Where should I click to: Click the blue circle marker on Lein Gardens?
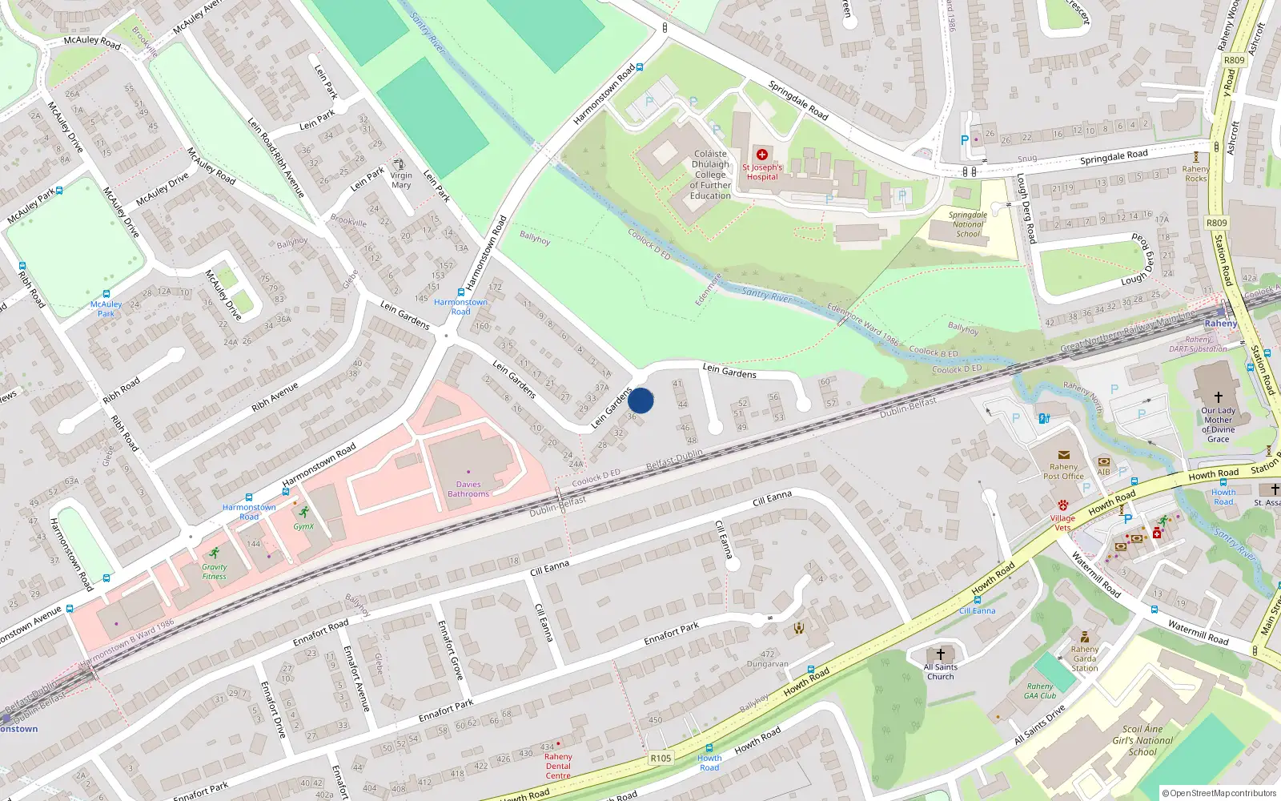[x=640, y=400]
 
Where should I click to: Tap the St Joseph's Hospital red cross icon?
[x=762, y=155]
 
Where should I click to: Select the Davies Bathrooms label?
[x=468, y=489]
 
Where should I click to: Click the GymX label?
[x=303, y=526]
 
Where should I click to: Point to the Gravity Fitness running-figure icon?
[x=214, y=553]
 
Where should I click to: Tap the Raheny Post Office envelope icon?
[x=1063, y=455]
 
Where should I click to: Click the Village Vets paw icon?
[x=1062, y=505]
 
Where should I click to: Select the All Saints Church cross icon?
[x=941, y=654]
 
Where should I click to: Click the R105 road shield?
[x=661, y=758]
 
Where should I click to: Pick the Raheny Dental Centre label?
[x=558, y=766]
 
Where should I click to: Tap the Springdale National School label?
[x=968, y=224]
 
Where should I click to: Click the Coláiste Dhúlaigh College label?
[x=710, y=175]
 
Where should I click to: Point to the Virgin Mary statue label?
[x=401, y=180]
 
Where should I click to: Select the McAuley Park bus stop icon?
[x=106, y=294]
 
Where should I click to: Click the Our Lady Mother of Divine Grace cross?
[x=1218, y=396]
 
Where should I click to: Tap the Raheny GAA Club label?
[x=1040, y=690]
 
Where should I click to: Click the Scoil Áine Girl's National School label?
[x=1142, y=740]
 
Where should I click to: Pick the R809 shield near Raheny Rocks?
[x=1217, y=223]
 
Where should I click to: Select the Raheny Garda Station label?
[x=1085, y=658]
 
